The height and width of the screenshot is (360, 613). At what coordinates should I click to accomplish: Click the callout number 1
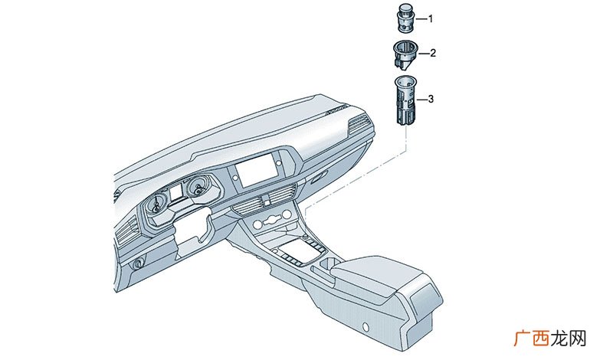(x=431, y=18)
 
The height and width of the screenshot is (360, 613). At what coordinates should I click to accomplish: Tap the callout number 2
(x=433, y=53)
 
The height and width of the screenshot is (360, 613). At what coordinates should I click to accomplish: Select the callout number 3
(x=431, y=99)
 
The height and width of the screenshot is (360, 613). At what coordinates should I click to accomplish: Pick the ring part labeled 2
(x=405, y=54)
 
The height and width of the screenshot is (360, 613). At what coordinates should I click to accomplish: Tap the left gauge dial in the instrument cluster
(x=157, y=203)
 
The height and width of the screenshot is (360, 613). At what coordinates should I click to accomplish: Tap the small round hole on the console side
(x=366, y=326)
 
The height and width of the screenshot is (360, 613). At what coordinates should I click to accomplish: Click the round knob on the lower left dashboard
(x=138, y=264)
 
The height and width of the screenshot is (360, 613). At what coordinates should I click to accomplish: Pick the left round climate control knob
(x=258, y=224)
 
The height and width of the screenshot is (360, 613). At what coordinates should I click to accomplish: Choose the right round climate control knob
(x=287, y=215)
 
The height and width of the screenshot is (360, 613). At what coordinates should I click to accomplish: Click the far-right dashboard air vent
(x=359, y=124)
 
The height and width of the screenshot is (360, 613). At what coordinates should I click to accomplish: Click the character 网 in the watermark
(x=578, y=339)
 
